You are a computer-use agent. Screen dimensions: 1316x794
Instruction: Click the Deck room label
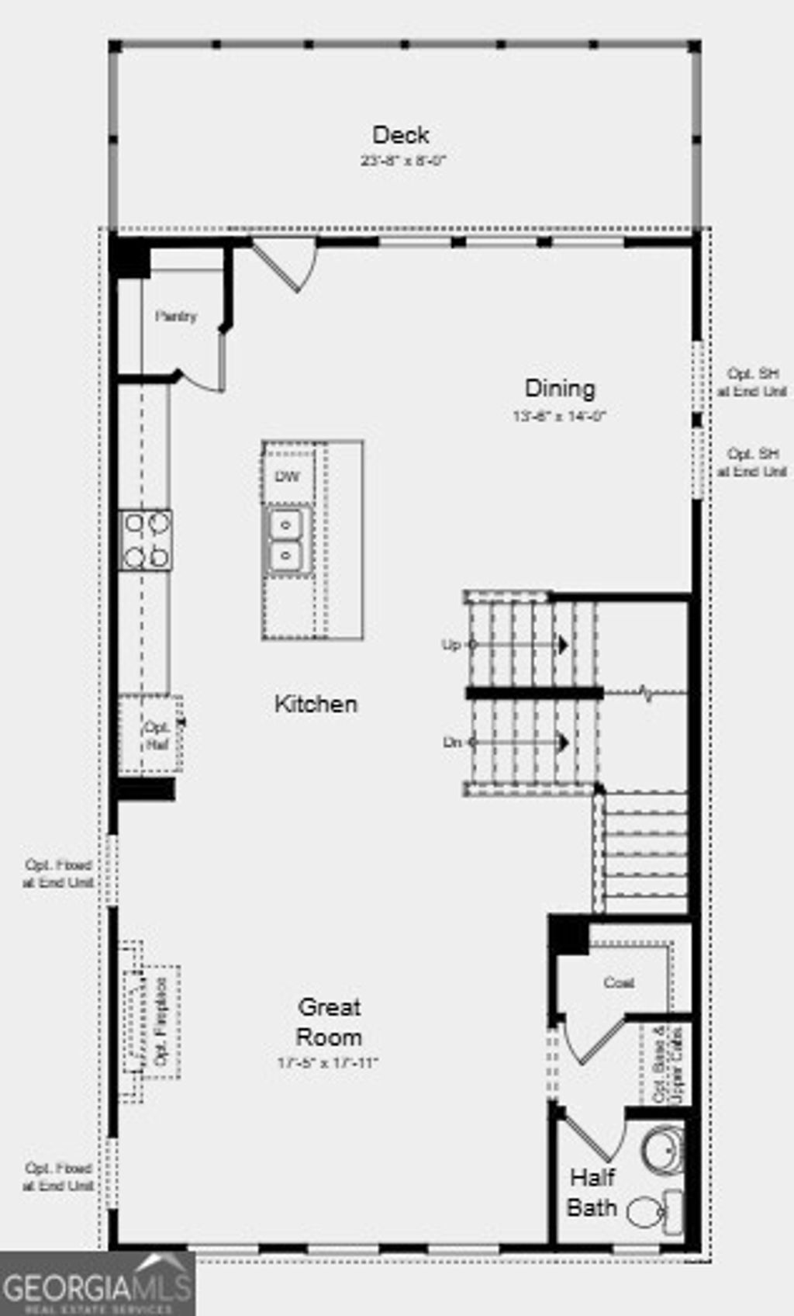coord(400,135)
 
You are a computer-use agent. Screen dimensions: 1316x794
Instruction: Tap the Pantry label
coord(176,317)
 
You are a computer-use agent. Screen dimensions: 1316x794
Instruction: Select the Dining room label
coord(560,389)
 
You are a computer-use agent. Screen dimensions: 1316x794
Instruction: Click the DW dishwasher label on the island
coord(287,476)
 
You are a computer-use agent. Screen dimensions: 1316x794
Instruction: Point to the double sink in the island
coord(287,541)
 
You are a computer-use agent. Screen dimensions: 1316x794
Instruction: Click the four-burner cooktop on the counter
coord(146,540)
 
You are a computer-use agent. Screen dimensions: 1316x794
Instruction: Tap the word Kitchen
coord(316,705)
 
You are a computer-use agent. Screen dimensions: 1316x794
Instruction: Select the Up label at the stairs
coord(451,645)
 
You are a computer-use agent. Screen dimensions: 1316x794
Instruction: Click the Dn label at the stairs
coord(452,743)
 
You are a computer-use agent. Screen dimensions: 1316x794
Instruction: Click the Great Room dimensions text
coord(327,1063)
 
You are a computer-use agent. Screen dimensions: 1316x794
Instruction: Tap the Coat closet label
coord(619,983)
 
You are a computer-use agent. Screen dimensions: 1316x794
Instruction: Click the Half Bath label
coord(592,1193)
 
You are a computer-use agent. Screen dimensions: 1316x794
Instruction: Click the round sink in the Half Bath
coord(663,1151)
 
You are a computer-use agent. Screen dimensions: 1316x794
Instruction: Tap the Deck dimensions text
coord(403,161)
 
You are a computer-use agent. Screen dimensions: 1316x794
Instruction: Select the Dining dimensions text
coord(558,416)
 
